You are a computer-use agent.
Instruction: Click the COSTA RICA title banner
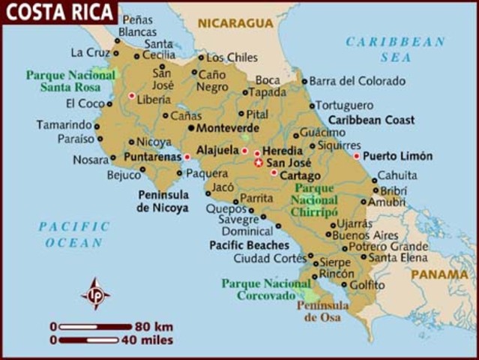[x=58, y=12]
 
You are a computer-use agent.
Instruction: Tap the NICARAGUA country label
[x=235, y=23]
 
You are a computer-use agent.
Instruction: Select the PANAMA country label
[x=439, y=274]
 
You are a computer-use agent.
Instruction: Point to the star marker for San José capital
[x=259, y=163]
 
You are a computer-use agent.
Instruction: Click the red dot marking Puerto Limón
[x=357, y=156]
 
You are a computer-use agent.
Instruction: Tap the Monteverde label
[x=228, y=128]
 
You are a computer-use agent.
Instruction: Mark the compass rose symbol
[x=95, y=293]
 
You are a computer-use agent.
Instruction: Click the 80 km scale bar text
[x=154, y=326]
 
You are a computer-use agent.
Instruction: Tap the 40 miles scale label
[x=148, y=340]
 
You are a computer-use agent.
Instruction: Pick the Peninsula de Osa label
[x=322, y=311]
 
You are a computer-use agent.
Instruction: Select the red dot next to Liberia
[x=132, y=96]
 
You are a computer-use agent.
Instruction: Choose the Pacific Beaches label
[x=249, y=245]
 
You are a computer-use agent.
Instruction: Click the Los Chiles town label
[x=232, y=58]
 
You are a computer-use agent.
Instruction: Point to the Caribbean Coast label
[x=371, y=120]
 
